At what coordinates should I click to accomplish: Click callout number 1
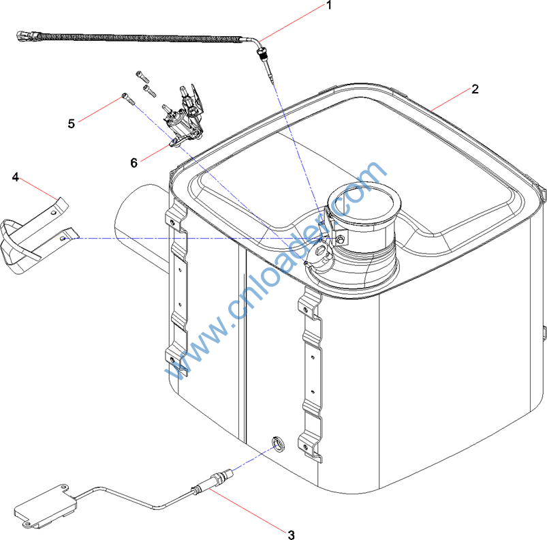(x=328, y=5)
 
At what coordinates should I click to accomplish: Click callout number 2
(x=475, y=89)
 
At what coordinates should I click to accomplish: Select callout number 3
(x=292, y=535)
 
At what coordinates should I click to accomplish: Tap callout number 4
(x=16, y=177)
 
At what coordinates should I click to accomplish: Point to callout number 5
(x=71, y=123)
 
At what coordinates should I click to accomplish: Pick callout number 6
(x=134, y=163)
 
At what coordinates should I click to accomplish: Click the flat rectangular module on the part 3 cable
(x=46, y=505)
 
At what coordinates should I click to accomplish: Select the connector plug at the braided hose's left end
(x=25, y=35)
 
